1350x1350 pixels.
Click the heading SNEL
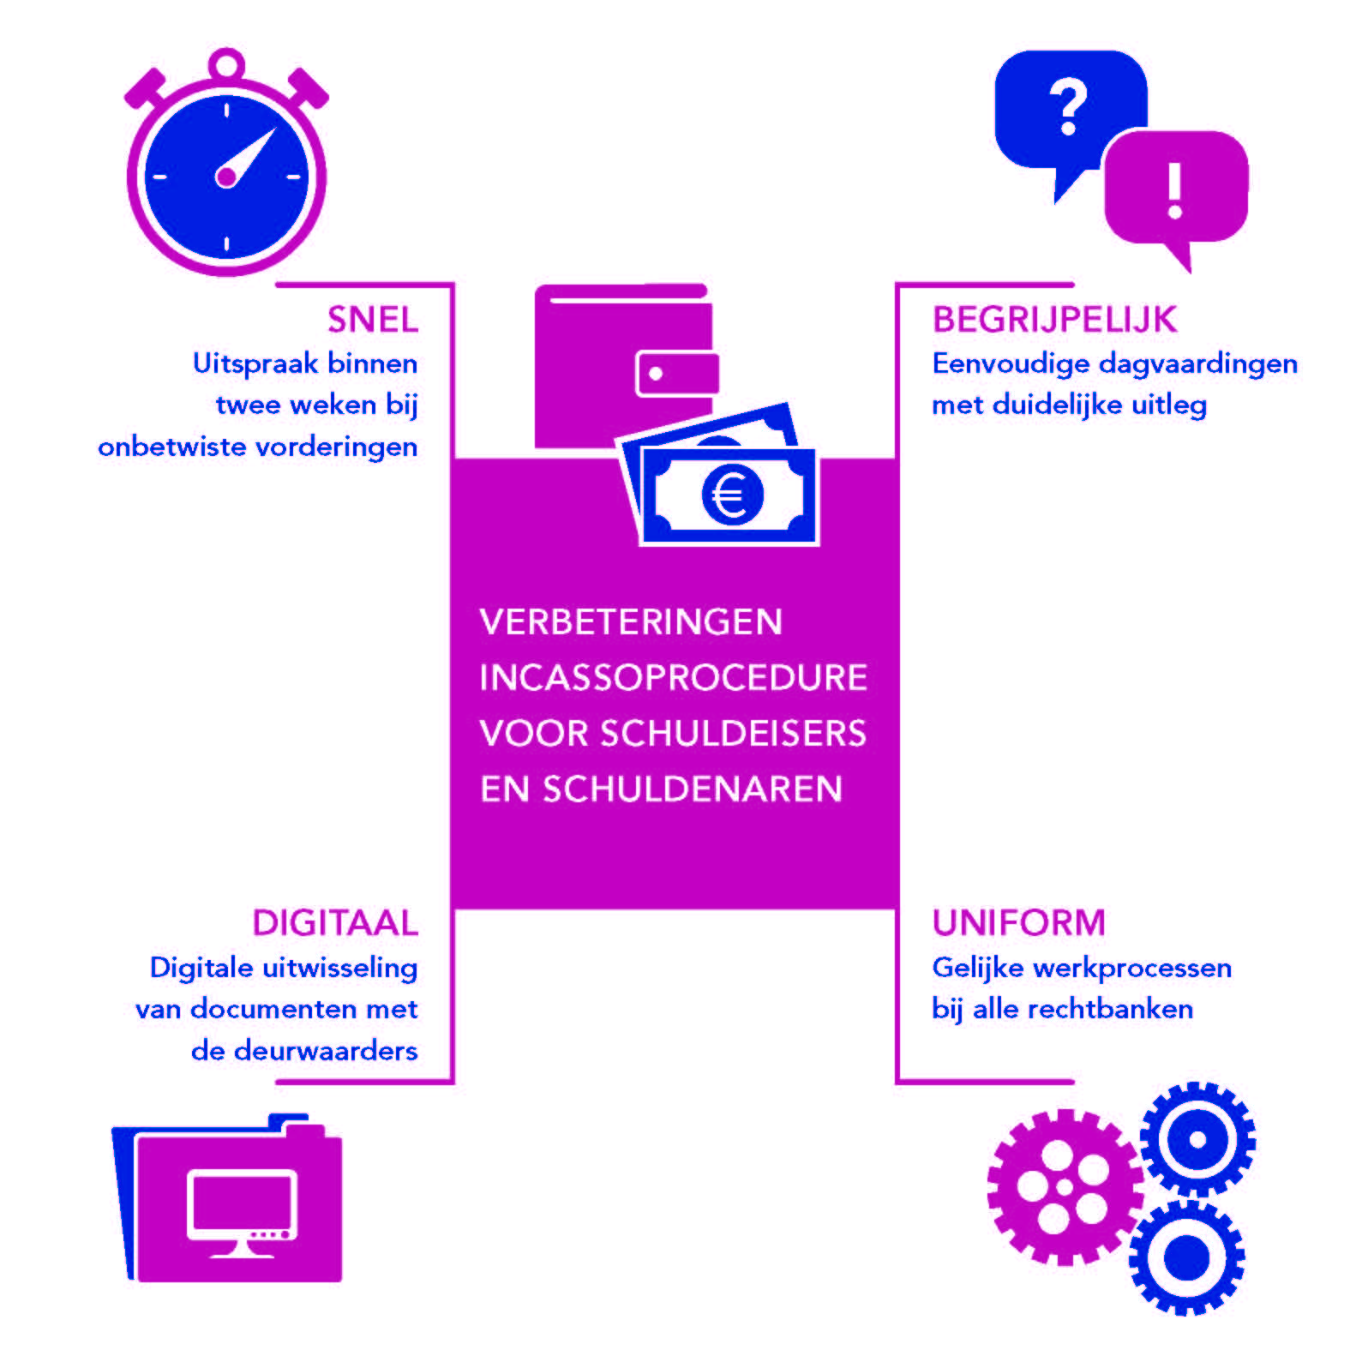(373, 320)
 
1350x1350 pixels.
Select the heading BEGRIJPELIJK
(1054, 320)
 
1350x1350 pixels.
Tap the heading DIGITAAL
(335, 923)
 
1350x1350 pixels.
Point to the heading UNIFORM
(1019, 923)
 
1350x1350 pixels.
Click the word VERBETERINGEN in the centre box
(631, 622)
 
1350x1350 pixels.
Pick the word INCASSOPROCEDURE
(674, 678)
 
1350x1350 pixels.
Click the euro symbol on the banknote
(731, 495)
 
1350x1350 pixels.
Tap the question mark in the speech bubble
(1068, 108)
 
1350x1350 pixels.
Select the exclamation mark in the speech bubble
(1175, 189)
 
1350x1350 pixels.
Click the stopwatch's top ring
(226, 65)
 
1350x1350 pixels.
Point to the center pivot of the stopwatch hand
(225, 177)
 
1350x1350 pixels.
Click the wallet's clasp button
(656, 374)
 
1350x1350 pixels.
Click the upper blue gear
(1197, 1139)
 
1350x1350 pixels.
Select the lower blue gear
(1187, 1257)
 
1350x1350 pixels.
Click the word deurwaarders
(326, 1051)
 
